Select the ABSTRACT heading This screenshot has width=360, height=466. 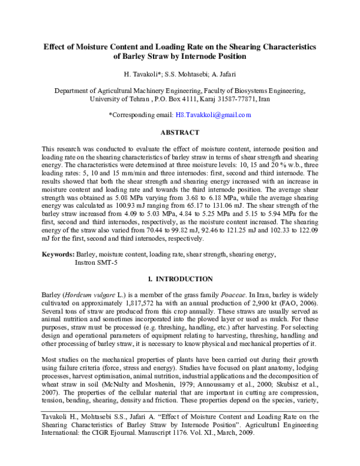(x=179, y=132)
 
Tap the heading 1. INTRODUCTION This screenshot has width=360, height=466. (x=180, y=279)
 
